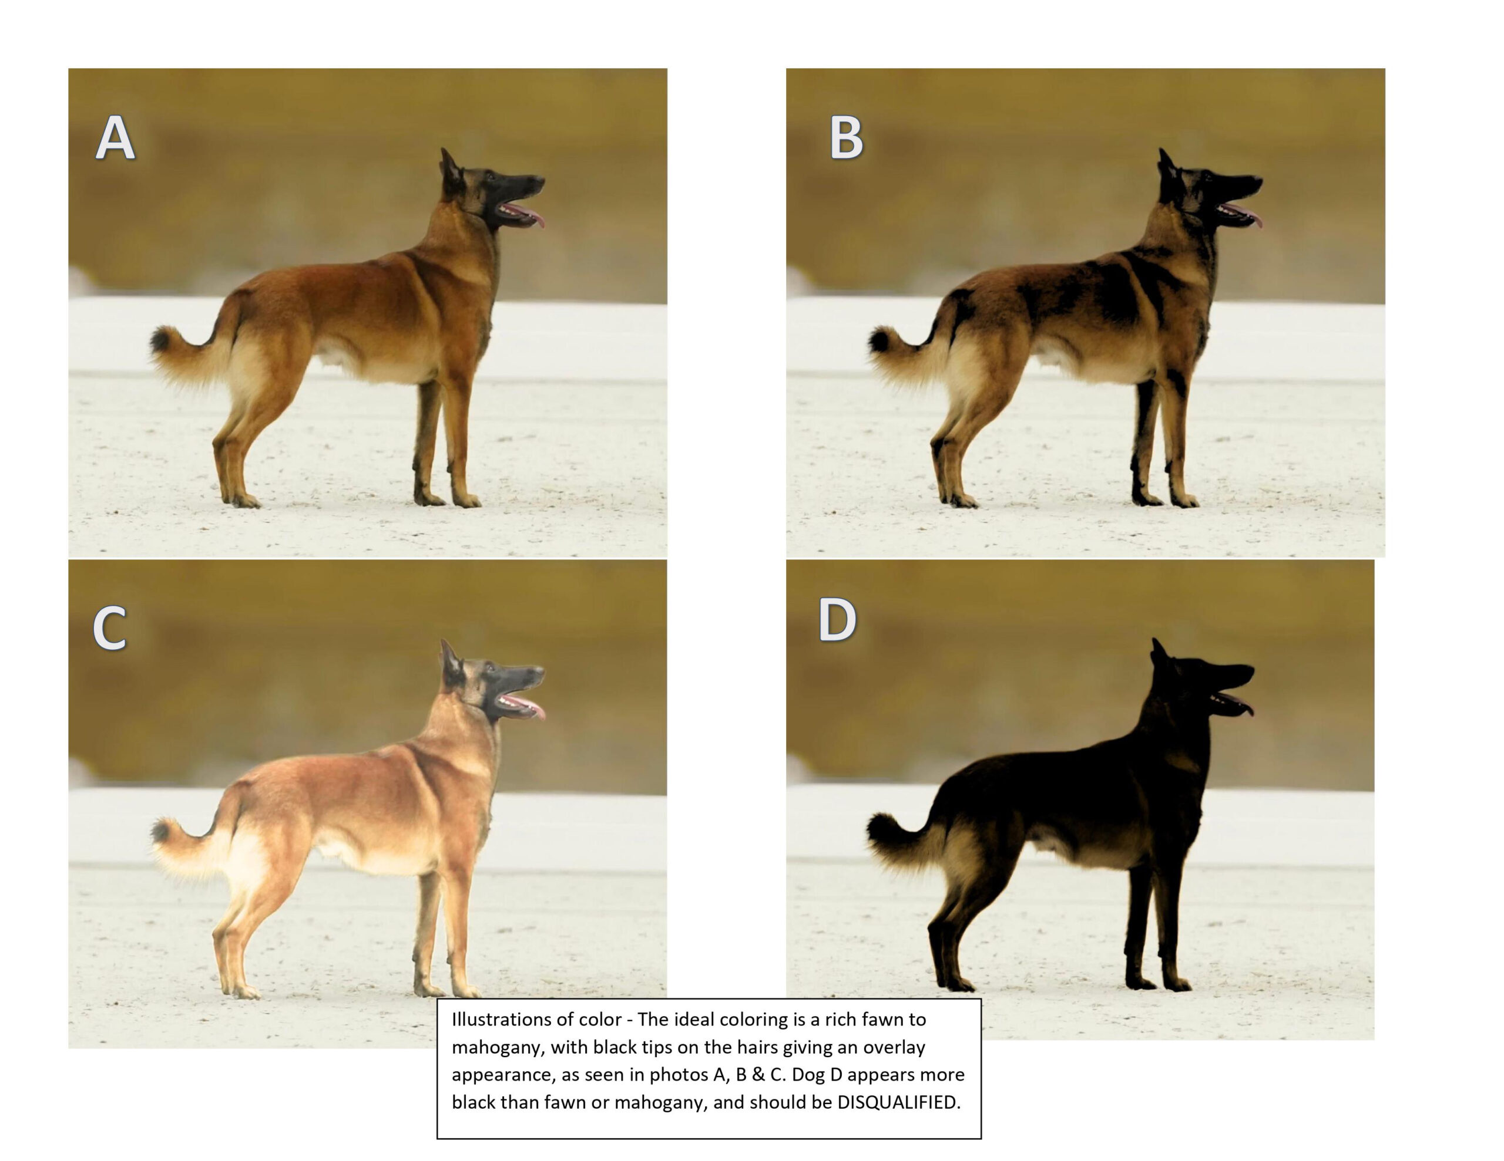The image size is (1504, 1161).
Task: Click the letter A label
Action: pyautogui.click(x=115, y=137)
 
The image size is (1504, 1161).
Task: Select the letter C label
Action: pyautogui.click(x=110, y=627)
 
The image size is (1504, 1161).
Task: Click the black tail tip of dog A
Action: pyautogui.click(x=160, y=339)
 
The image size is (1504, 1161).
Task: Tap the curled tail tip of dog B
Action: pyautogui.click(x=878, y=340)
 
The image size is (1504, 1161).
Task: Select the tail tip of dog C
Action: pyautogui.click(x=160, y=831)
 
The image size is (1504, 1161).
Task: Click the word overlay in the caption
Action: pyautogui.click(x=894, y=1048)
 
